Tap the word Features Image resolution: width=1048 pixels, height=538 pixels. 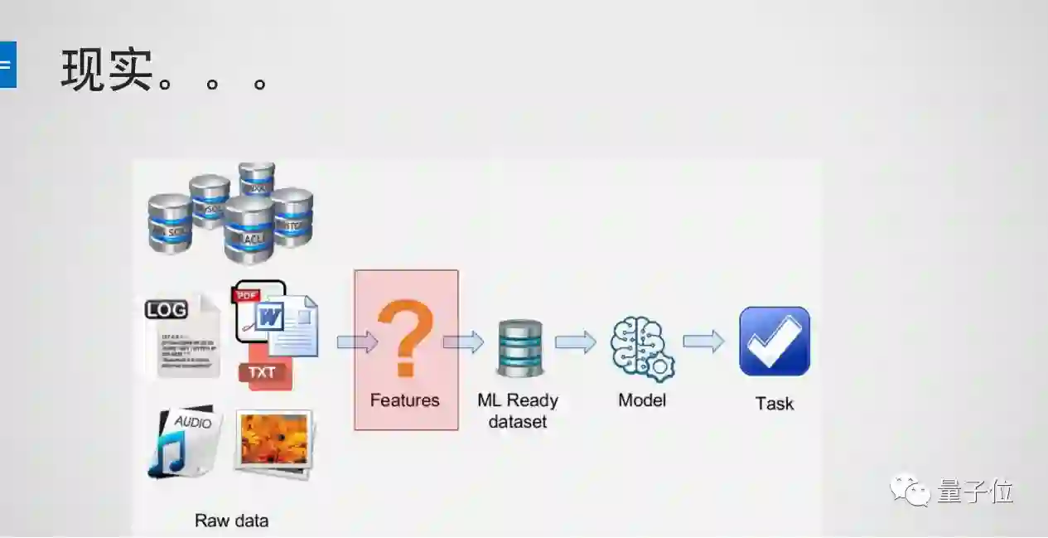click(x=404, y=400)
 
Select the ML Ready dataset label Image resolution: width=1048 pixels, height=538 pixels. click(x=518, y=410)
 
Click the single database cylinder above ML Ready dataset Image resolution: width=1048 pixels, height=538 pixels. click(x=519, y=348)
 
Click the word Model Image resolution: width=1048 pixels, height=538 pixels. click(x=642, y=400)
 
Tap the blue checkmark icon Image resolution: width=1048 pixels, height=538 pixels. click(x=775, y=341)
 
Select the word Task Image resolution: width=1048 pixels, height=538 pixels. click(x=775, y=404)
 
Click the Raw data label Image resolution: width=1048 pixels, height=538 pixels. click(x=231, y=521)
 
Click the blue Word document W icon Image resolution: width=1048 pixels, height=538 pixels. click(x=271, y=318)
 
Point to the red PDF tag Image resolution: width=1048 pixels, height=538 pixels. click(x=246, y=294)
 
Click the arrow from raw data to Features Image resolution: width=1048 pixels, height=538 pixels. click(x=357, y=342)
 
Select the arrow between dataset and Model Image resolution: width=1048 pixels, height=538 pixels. click(x=575, y=342)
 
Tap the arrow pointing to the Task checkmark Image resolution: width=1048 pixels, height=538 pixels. click(x=703, y=341)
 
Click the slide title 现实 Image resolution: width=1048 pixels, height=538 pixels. click(x=108, y=70)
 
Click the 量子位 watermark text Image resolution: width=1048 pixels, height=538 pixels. click(x=976, y=491)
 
